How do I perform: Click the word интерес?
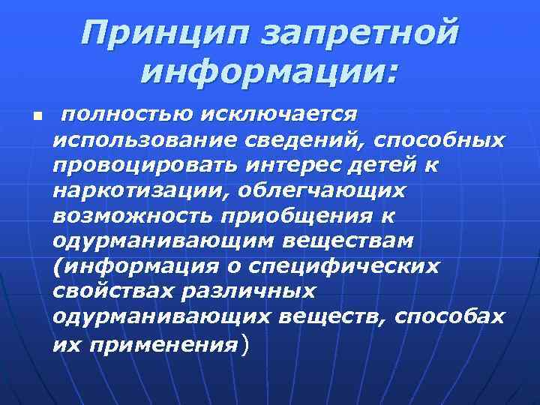coord(279,165)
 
